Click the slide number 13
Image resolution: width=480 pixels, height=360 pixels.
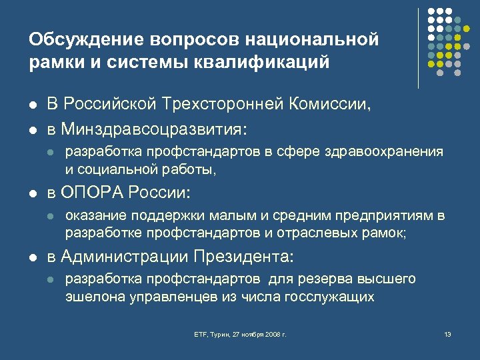[x=447, y=333]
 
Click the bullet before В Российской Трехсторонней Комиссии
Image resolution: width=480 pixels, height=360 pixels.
[x=32, y=105]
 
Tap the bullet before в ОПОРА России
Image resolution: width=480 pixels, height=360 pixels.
[x=32, y=194]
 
